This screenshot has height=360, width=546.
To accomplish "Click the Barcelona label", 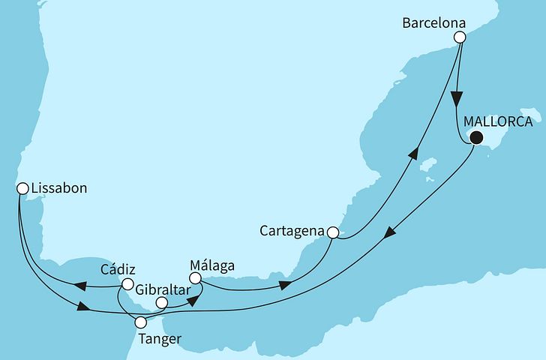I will point(427,23).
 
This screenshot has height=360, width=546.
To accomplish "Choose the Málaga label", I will point(212,265).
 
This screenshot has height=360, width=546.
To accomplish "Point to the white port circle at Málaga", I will point(195,278).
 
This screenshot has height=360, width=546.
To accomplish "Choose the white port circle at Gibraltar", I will point(160,304).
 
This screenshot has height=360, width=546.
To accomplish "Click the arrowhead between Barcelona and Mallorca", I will point(457,101).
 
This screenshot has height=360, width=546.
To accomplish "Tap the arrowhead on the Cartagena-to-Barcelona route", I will point(412,154).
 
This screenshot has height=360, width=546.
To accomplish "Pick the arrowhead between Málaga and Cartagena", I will point(286,286).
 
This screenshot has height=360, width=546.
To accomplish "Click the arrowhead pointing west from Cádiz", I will point(77,284).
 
